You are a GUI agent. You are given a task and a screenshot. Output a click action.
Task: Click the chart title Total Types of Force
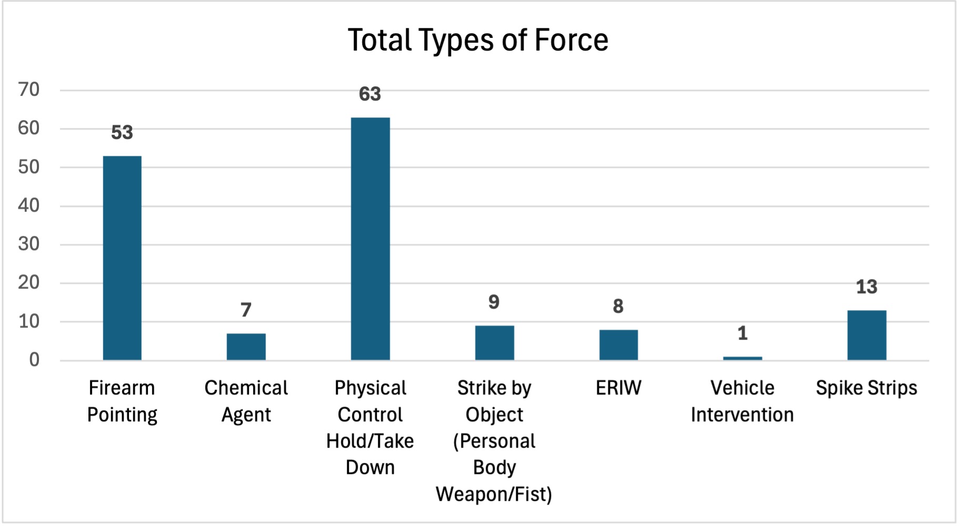[x=478, y=40]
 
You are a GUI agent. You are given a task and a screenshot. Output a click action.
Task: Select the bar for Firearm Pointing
[x=122, y=258]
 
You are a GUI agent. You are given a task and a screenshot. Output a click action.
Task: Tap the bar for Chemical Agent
[x=246, y=347]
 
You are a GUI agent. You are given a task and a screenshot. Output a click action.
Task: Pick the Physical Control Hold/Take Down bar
[x=371, y=239]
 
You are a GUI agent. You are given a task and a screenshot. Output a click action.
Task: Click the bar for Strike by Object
[x=494, y=343]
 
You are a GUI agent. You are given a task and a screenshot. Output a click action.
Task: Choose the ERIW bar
[x=618, y=345]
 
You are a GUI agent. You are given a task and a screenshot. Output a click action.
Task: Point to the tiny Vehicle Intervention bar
[x=742, y=359]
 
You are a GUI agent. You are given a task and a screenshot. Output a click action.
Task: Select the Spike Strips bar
[x=866, y=335]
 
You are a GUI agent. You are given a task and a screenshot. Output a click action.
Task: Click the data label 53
[x=122, y=132]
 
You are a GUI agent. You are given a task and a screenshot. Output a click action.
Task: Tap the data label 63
[x=370, y=94]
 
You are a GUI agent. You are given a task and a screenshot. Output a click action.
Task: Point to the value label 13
[x=866, y=287]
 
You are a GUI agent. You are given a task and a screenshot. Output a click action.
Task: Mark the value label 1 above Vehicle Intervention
[x=743, y=333]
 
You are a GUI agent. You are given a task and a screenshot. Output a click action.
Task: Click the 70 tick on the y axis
[x=29, y=90]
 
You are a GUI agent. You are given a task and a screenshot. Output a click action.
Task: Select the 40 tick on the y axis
[x=29, y=205]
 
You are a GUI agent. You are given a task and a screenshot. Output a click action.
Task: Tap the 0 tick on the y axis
[x=34, y=360]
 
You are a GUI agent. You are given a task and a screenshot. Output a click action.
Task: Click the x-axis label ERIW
[x=618, y=388]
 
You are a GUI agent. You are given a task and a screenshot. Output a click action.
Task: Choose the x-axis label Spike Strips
[x=866, y=388]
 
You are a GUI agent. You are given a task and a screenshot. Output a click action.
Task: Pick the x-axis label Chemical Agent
[x=246, y=401]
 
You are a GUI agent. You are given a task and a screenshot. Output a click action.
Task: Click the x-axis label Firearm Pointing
[x=122, y=401]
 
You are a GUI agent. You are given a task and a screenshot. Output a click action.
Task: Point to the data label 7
[x=246, y=310]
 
